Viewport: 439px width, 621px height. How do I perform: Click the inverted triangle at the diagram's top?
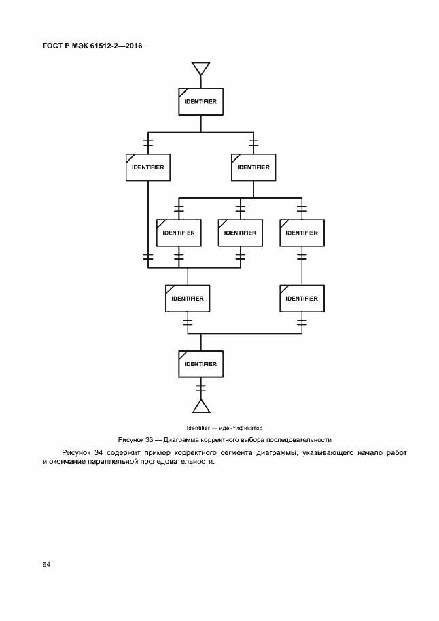point(200,68)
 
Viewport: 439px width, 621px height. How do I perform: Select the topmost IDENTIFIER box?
point(200,101)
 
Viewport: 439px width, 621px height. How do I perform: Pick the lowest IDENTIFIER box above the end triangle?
point(200,364)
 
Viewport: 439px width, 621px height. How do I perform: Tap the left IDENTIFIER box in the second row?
point(147,167)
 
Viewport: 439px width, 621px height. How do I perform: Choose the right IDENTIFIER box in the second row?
point(253,167)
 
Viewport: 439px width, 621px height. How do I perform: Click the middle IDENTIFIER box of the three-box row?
point(240,233)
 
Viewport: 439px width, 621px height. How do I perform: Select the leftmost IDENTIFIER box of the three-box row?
point(179,233)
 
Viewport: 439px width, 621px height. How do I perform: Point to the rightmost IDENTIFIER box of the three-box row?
point(302,233)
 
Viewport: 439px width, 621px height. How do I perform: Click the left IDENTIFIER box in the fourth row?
point(188,298)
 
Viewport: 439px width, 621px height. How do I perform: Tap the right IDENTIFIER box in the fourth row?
point(302,298)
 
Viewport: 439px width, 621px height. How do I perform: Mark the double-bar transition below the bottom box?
point(200,388)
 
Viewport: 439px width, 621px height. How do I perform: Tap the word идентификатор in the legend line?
point(241,427)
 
